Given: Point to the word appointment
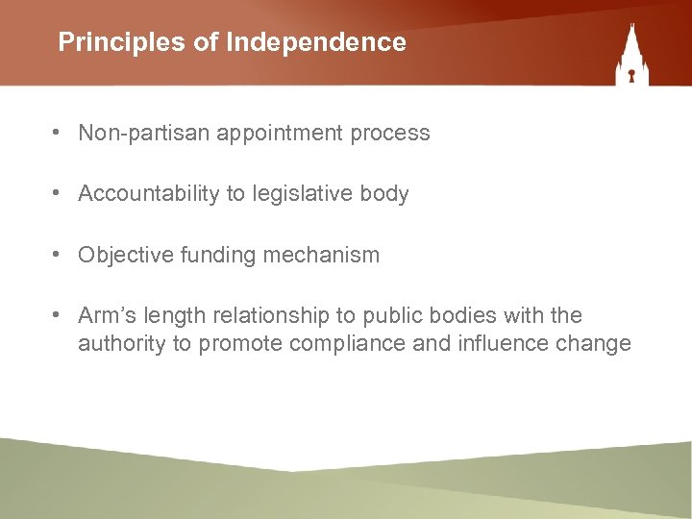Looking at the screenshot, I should (x=279, y=134).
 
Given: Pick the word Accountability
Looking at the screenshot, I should (x=149, y=194).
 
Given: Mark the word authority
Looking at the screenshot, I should (x=122, y=344).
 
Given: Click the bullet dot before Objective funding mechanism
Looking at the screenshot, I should (x=60, y=256).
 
